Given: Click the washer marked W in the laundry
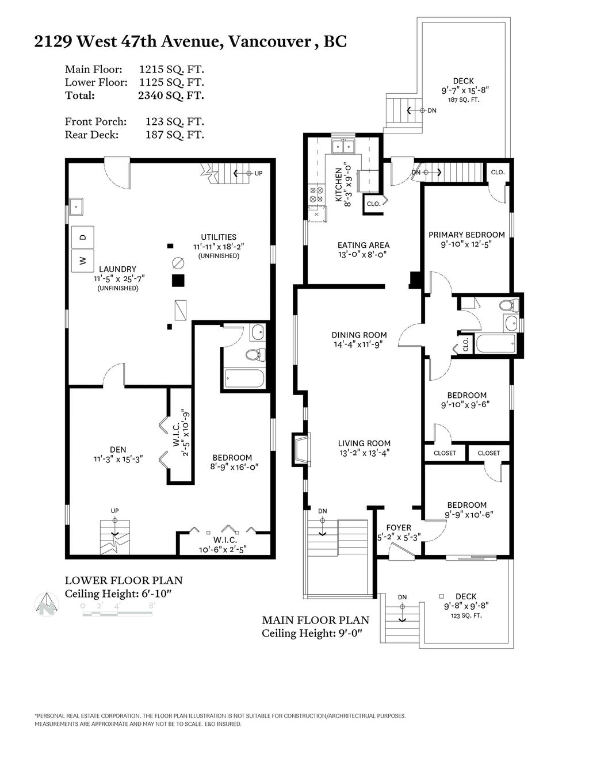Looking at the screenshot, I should (x=82, y=261).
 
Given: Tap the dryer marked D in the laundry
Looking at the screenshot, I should (x=82, y=236).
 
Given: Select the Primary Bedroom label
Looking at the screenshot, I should (x=466, y=235).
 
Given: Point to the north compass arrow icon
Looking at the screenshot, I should (x=47, y=604).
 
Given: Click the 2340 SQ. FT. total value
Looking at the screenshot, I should (x=171, y=95).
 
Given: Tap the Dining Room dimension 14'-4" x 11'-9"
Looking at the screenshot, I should (x=359, y=344).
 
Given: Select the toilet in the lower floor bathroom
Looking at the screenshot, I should (x=254, y=354).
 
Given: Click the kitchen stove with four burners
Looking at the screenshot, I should (x=316, y=194).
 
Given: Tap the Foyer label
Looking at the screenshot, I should (x=399, y=527).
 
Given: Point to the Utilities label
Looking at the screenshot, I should (x=218, y=237).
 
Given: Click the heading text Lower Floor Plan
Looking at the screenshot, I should (x=123, y=580).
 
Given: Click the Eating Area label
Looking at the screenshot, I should (x=363, y=245).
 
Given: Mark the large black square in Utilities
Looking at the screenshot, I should (x=178, y=281).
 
